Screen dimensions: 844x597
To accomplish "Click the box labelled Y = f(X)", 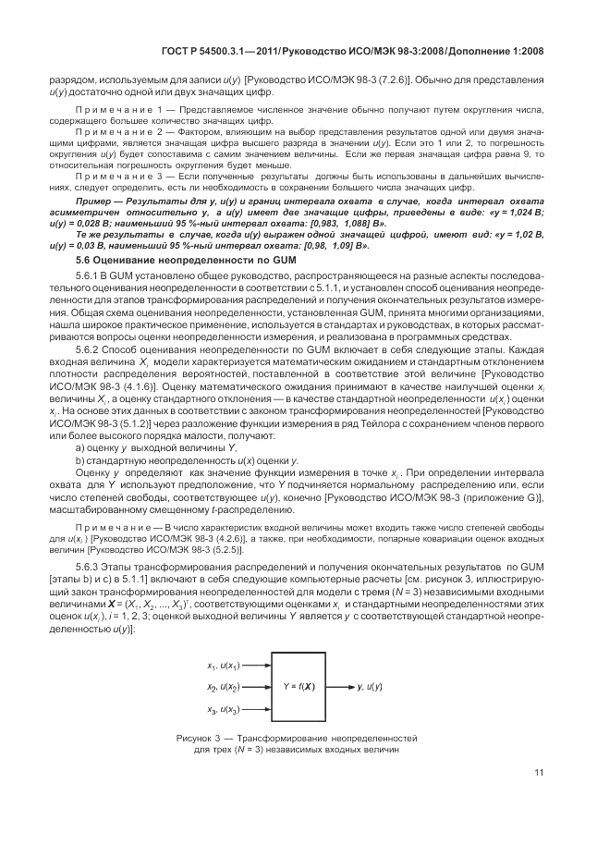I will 298,687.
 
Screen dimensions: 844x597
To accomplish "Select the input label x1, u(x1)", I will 225,666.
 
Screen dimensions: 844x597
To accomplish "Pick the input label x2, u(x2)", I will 225,688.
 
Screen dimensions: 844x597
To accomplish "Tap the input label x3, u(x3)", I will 225,710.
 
